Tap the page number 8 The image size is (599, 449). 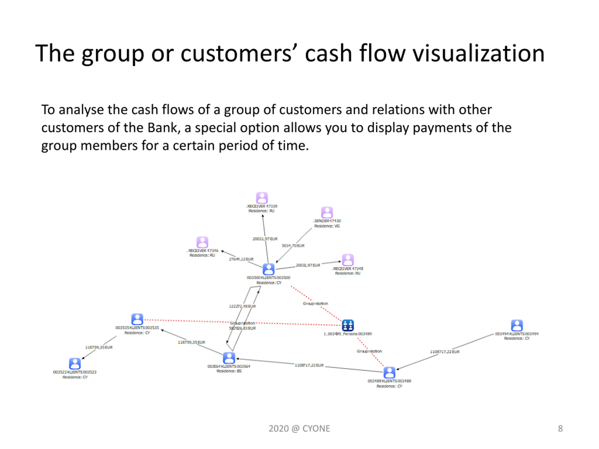click(x=560, y=428)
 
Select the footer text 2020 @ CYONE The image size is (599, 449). click(x=299, y=428)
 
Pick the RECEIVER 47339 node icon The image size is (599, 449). click(x=262, y=198)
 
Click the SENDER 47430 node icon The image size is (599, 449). click(x=327, y=212)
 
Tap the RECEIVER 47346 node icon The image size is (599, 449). click(x=202, y=242)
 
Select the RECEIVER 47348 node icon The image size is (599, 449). click(x=348, y=260)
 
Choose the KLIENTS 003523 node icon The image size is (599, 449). click(x=75, y=363)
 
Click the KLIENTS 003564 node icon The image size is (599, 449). click(x=229, y=358)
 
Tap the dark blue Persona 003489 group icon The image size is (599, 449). click(x=348, y=325)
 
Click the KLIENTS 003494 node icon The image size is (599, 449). click(x=517, y=325)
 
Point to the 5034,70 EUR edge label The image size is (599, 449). click(x=293, y=246)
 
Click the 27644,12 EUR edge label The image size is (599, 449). click(x=241, y=259)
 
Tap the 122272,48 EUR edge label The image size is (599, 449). click(x=242, y=306)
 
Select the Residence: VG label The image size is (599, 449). click(x=327, y=226)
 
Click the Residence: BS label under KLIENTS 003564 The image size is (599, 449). click(x=229, y=371)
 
